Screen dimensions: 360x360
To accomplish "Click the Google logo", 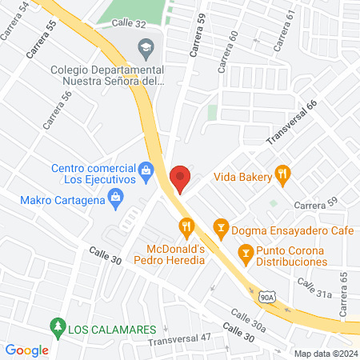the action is point(27,350).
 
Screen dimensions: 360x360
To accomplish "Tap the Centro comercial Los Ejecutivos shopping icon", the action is point(146,169).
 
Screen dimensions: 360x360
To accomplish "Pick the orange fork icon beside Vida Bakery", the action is point(281,174).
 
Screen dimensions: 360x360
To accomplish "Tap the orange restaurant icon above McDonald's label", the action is point(187,227).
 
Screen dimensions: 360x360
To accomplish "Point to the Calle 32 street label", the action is point(129,25).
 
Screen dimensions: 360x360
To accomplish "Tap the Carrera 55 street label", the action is point(42,39).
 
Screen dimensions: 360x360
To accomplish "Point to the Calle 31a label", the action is point(314,288).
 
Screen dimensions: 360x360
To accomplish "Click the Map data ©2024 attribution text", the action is point(325,354).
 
